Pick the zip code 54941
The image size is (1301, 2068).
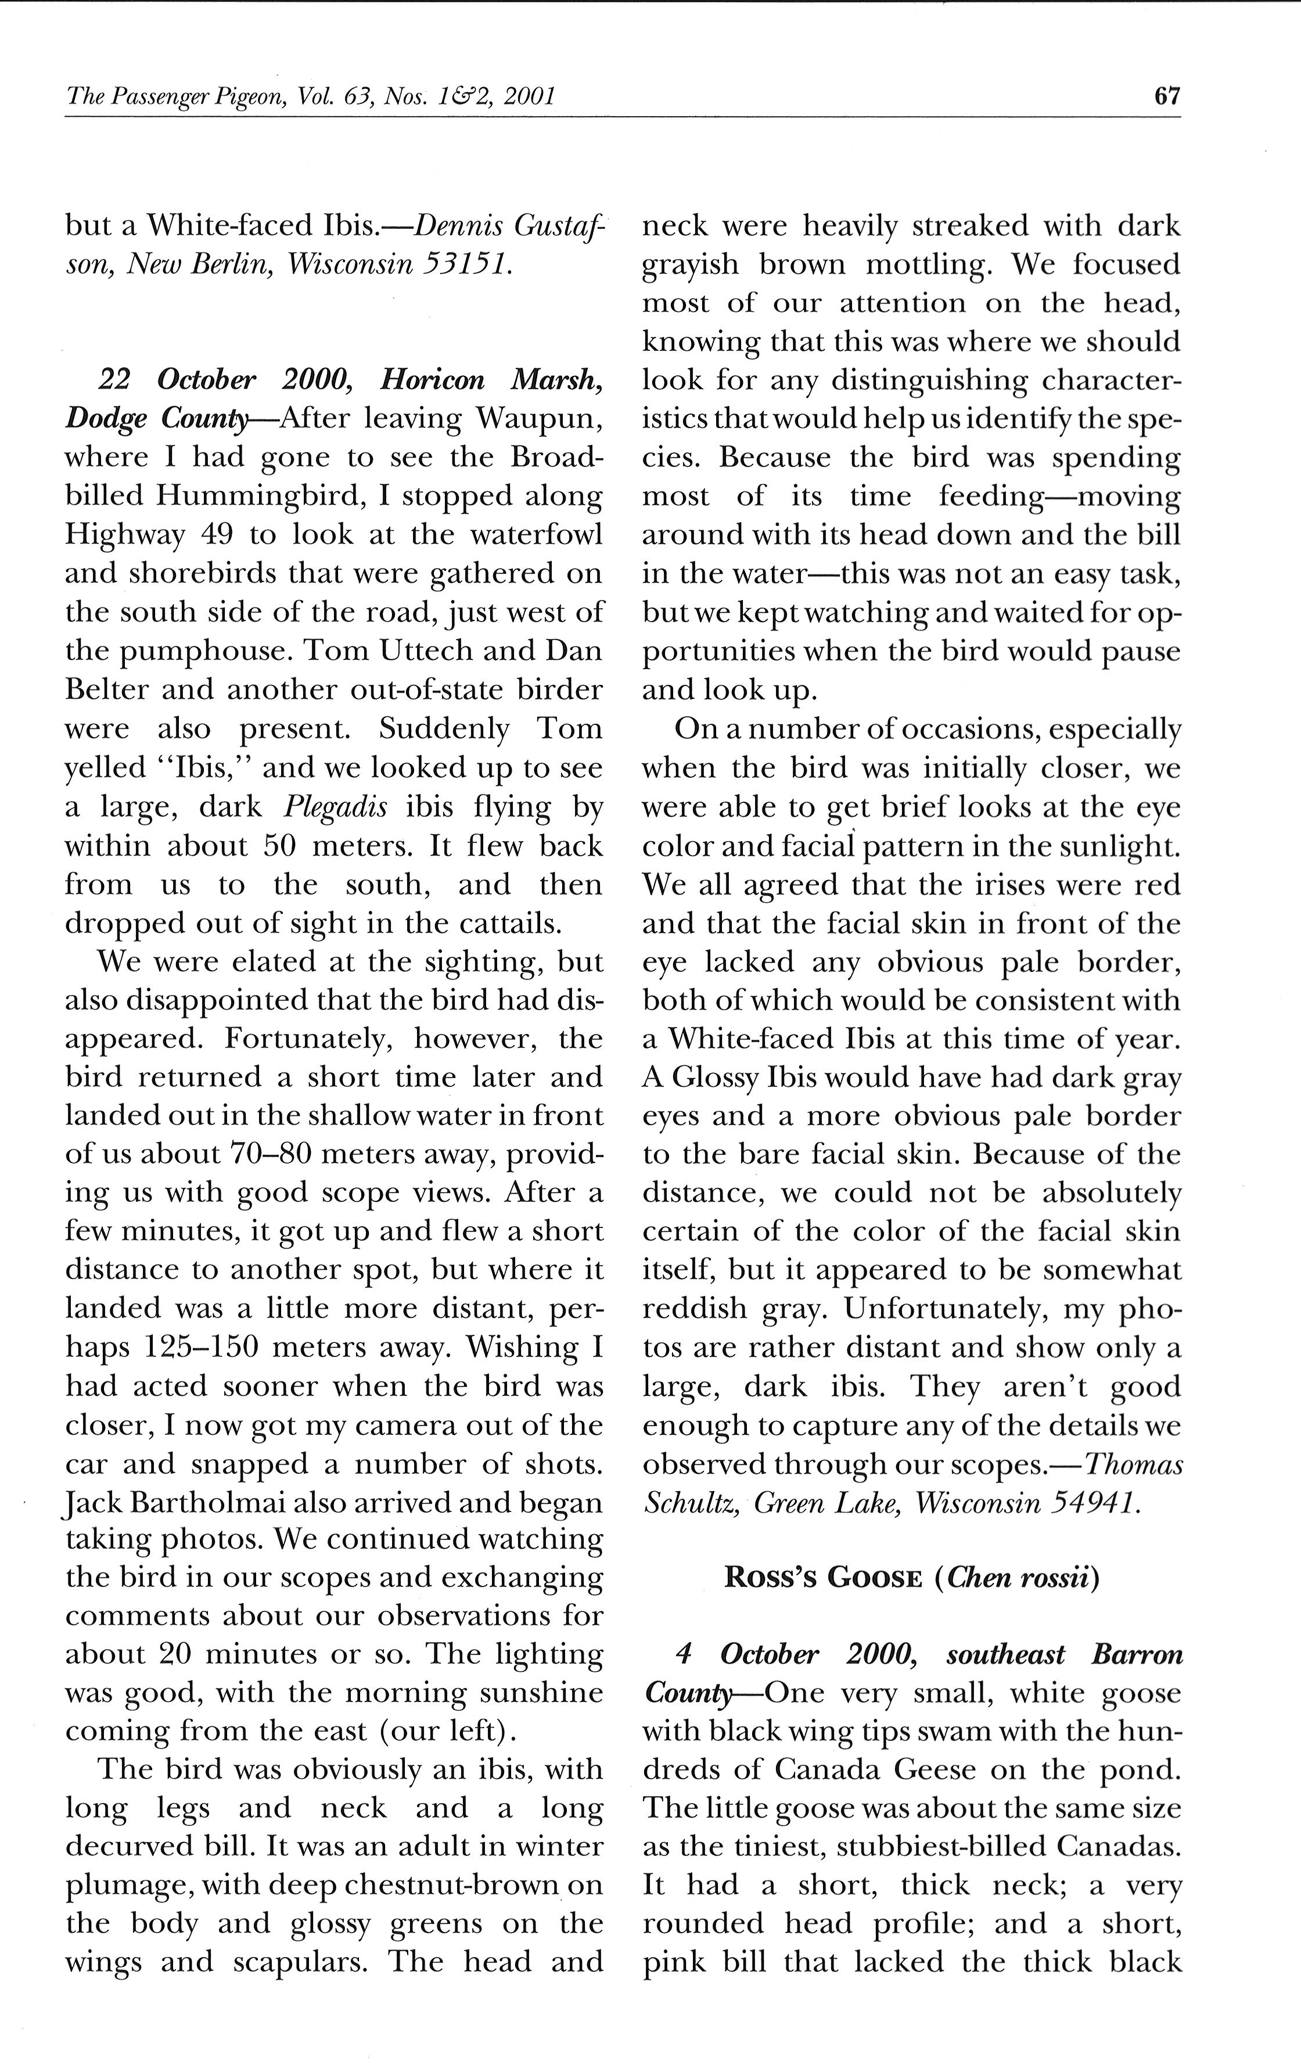[x=1094, y=1503]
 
